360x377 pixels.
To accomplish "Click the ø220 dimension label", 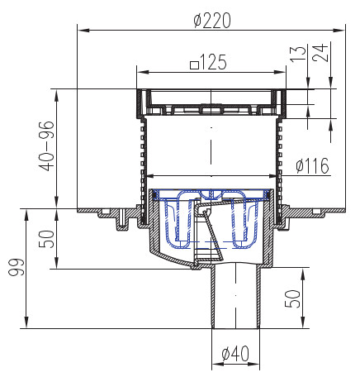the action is tap(212, 21).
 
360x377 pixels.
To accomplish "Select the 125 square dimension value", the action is tap(213, 62).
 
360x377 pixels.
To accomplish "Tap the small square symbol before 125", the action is tap(195, 65).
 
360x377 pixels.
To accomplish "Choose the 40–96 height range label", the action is tap(46, 146).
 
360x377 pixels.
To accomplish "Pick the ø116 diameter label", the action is tap(312, 165).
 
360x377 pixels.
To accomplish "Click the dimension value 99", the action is tap(17, 267).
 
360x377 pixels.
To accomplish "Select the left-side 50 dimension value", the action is tap(46, 239).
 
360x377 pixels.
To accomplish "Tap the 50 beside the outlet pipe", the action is tap(292, 298).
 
